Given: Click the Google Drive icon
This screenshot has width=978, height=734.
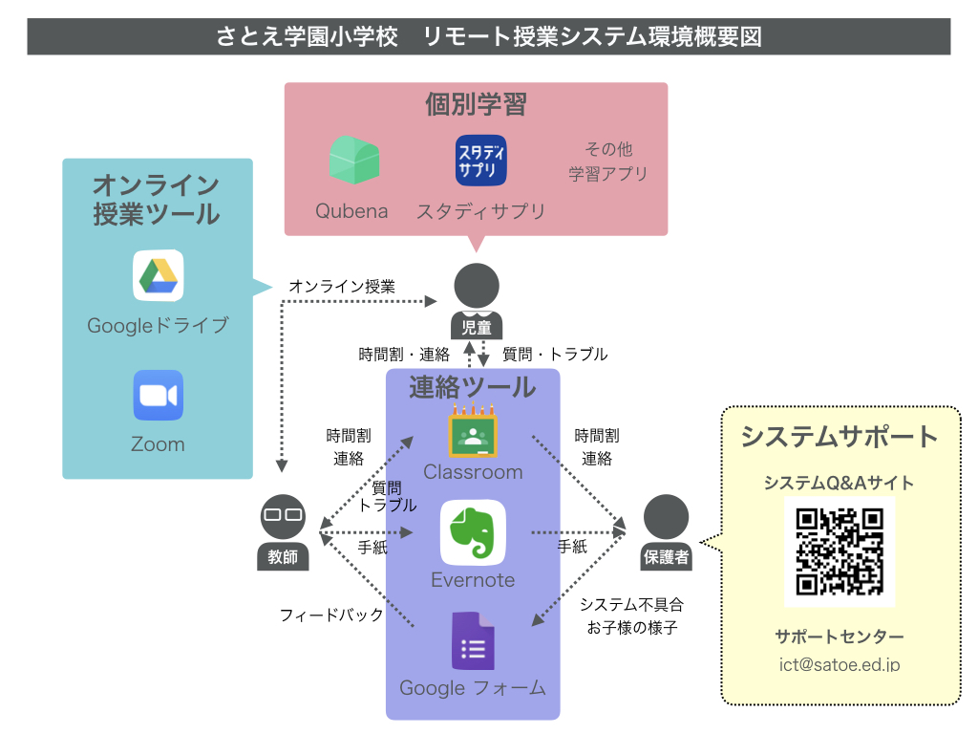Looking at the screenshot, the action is point(159,276).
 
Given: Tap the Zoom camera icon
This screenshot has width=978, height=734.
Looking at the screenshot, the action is point(159,395).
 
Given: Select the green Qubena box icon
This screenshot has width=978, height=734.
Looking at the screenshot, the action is point(354,160).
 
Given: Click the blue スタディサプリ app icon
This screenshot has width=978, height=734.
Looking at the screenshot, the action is point(481,161).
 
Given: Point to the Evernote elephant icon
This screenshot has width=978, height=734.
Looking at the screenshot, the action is point(473,532).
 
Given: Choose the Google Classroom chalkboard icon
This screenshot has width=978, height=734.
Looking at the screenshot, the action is point(473,431).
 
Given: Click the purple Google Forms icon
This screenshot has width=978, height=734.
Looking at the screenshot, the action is point(473,641).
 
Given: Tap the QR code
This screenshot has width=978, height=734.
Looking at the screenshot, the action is point(840,551).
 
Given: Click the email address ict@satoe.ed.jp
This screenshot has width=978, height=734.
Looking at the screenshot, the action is point(840,665).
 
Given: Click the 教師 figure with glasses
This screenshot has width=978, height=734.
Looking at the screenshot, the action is point(283,532).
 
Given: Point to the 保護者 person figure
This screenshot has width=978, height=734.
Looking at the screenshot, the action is point(666,532).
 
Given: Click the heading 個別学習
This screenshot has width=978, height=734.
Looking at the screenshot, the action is point(476,104).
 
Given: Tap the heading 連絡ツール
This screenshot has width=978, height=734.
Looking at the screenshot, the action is point(472,388).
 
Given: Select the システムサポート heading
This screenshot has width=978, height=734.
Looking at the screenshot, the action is point(840,436).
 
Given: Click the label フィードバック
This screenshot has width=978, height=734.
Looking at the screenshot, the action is point(331,615).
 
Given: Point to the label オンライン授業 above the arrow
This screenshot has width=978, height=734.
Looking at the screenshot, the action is point(342,287).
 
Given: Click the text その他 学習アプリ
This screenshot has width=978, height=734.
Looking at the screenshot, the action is point(608,162).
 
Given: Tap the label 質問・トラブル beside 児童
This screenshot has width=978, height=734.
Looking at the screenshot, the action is point(555,355).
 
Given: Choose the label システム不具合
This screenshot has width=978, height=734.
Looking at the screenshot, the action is point(632,604).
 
